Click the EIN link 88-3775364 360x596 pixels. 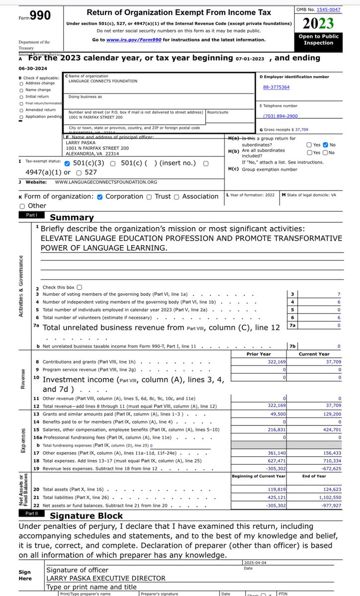(x=276, y=87)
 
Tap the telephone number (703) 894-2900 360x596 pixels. (x=280, y=116)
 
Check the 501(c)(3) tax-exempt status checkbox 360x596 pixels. (x=67, y=163)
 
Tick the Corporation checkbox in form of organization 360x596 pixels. (x=100, y=197)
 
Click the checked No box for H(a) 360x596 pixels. (x=326, y=145)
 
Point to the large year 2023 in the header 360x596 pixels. (x=318, y=23)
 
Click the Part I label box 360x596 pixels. (x=32, y=216)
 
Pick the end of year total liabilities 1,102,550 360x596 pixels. (x=327, y=498)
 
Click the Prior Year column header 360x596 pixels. (x=259, y=354)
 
